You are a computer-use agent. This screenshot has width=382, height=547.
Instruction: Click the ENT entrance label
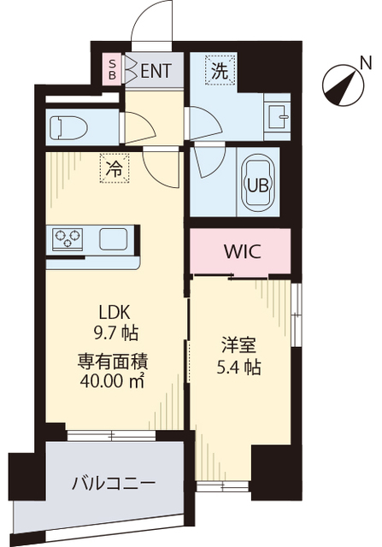click(156, 70)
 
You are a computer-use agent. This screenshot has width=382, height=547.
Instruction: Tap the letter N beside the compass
click(366, 62)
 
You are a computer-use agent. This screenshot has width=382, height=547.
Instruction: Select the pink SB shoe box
click(112, 69)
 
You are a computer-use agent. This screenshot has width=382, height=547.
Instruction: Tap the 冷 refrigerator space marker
click(113, 169)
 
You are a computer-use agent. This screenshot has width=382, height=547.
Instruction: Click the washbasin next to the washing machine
click(278, 115)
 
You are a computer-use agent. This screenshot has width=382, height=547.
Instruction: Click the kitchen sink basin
click(113, 238)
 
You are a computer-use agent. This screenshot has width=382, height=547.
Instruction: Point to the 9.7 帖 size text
click(113, 332)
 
